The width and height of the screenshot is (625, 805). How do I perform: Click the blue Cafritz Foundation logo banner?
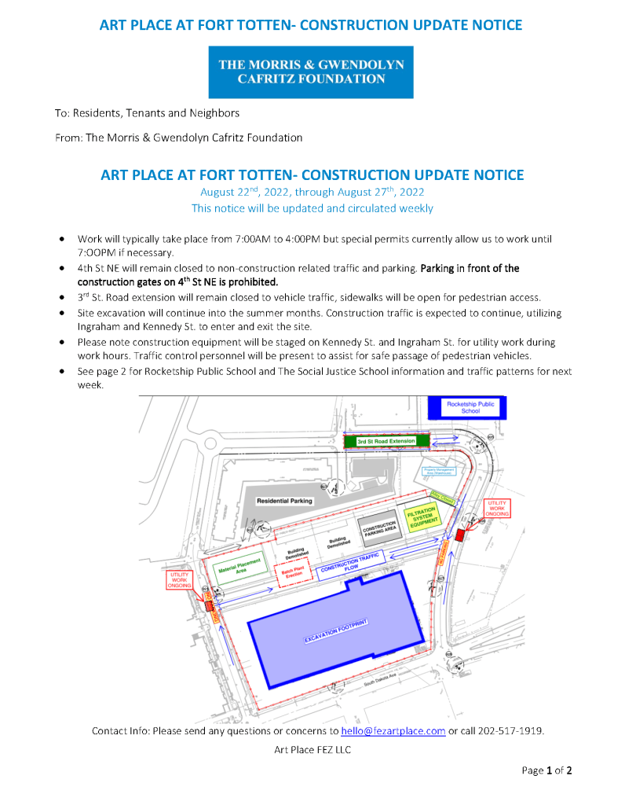pyautogui.click(x=310, y=72)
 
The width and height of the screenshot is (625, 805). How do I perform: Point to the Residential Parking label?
pyautogui.click(x=284, y=500)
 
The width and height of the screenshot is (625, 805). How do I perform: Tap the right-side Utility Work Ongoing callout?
pyautogui.click(x=497, y=508)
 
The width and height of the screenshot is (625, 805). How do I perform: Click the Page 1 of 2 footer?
pyautogui.click(x=546, y=770)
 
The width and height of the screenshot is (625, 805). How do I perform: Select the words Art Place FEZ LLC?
pyautogui.click(x=312, y=749)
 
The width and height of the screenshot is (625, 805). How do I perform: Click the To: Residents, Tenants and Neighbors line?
pyautogui.click(x=147, y=113)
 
